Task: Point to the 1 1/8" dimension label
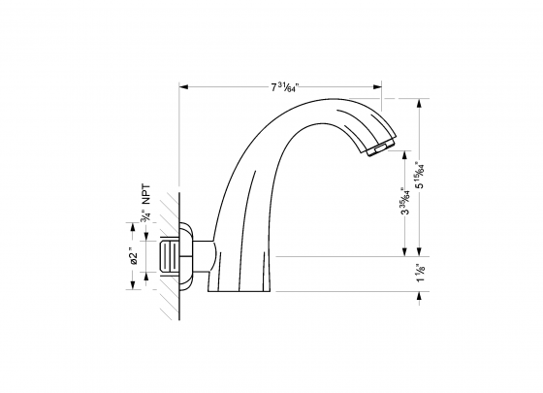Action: [418, 275]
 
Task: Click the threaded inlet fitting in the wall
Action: [169, 258]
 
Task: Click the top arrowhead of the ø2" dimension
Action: [133, 229]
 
